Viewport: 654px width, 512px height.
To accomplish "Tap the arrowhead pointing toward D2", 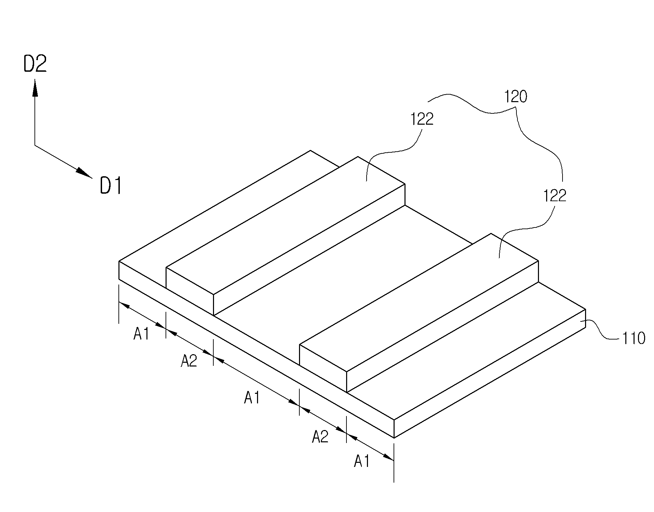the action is click(x=35, y=88).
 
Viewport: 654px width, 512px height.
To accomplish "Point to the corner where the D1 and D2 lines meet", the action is click(x=35, y=146).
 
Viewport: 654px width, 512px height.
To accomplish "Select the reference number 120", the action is click(x=516, y=97).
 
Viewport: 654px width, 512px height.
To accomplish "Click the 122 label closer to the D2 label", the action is click(x=422, y=119).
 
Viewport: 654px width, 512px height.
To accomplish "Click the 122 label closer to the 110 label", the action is click(x=555, y=196).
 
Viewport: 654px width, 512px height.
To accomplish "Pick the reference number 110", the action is click(x=634, y=338).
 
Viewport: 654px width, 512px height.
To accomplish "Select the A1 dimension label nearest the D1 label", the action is click(x=141, y=334).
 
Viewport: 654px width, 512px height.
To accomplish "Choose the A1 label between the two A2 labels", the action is click(x=252, y=398).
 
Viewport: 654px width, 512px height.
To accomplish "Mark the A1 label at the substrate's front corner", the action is click(x=362, y=461).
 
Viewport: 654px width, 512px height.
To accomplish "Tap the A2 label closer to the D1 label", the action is click(x=189, y=361).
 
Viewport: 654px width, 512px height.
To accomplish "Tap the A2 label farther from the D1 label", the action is click(x=320, y=437).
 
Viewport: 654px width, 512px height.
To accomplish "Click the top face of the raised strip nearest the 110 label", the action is click(x=419, y=302).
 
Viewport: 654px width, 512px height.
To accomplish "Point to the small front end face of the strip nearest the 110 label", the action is click(x=323, y=368).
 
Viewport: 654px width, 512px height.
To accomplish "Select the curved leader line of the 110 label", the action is click(x=601, y=330).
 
